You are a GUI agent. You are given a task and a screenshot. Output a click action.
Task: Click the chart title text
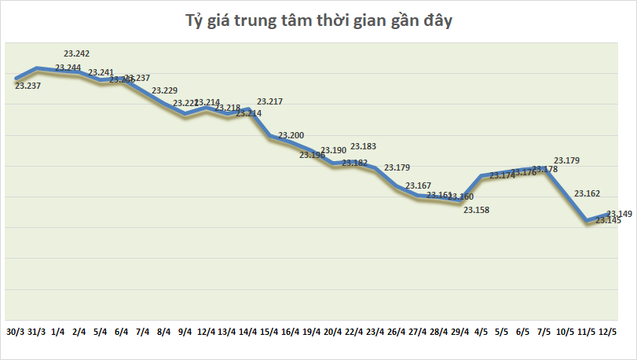(318, 22)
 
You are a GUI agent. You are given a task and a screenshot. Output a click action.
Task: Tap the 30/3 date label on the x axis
(15, 331)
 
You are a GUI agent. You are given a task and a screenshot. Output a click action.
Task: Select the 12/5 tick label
(607, 331)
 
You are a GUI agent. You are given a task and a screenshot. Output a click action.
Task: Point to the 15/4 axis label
(269, 331)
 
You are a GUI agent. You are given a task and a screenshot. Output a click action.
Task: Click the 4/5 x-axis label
(481, 331)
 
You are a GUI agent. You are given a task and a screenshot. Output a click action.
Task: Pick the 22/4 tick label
(354, 331)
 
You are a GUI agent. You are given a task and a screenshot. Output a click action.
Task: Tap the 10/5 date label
(565, 331)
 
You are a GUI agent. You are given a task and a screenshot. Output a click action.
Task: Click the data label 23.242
(77, 53)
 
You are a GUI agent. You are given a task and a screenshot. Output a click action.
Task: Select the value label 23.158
(476, 210)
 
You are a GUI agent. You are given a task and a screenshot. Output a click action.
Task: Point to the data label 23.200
(291, 136)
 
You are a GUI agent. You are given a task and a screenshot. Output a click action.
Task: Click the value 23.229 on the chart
(164, 91)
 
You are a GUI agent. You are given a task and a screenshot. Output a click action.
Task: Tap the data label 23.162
(588, 193)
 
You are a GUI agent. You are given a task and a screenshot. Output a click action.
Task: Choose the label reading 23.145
(608, 221)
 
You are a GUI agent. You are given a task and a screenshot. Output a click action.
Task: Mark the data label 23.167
(418, 186)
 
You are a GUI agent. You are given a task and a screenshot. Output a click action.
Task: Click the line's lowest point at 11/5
(586, 222)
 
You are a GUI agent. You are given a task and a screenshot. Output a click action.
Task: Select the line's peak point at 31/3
(37, 68)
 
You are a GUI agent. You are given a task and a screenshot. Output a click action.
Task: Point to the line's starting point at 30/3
(16, 78)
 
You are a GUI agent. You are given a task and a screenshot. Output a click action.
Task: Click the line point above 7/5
(544, 168)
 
